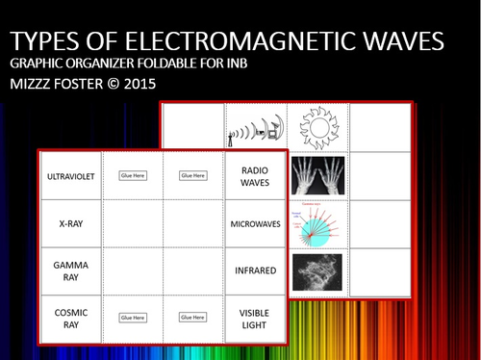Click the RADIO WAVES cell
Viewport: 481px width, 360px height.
coord(255,176)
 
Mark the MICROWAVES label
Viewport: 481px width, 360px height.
coord(255,223)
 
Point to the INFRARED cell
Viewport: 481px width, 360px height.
coord(255,270)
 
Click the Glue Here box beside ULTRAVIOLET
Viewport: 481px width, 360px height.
coord(132,176)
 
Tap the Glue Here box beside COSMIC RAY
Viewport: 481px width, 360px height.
coord(132,316)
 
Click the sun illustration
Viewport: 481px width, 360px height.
coord(317,126)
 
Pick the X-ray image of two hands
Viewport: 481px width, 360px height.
coord(317,176)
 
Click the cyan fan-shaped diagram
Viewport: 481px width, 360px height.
coord(316,223)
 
